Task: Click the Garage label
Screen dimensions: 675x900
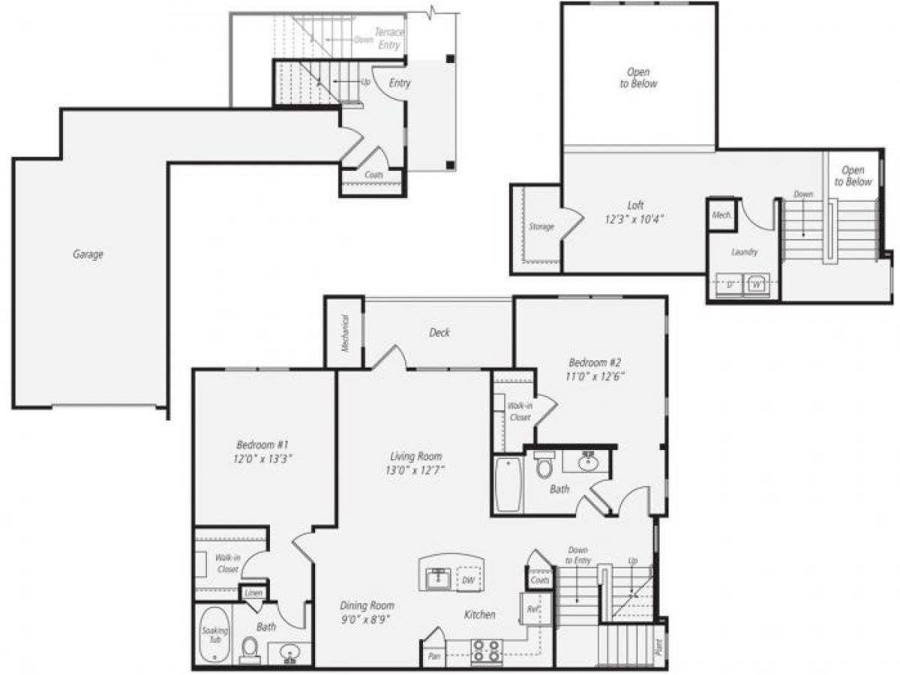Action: (88, 254)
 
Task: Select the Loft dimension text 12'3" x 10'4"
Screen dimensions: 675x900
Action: (635, 219)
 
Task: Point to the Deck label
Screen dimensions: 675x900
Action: (439, 332)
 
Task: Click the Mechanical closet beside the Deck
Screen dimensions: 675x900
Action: (344, 331)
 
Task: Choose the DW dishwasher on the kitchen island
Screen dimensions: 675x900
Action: (468, 580)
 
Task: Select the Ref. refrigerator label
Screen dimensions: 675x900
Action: (532, 609)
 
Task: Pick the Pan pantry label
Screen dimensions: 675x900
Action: (433, 655)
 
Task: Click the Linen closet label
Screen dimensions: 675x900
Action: (253, 593)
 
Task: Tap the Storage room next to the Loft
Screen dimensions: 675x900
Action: (540, 226)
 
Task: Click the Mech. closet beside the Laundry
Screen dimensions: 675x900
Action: (721, 214)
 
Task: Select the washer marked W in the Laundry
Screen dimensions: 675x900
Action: (756, 285)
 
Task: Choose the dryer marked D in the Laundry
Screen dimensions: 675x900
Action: (730, 285)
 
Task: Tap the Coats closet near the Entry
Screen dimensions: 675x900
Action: (374, 175)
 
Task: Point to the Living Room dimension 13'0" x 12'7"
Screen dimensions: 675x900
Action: (415, 470)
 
